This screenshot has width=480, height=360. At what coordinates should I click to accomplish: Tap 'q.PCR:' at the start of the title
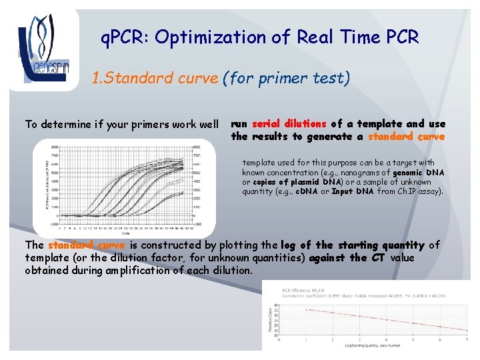click(x=125, y=37)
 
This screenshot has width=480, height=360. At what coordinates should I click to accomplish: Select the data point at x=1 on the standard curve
click(x=306, y=309)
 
